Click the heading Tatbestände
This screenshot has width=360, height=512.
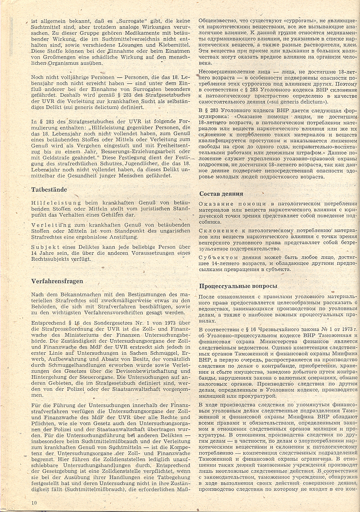tap(49, 190)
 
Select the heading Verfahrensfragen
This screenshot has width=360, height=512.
tap(57, 281)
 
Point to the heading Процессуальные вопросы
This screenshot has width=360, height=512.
tap(238, 286)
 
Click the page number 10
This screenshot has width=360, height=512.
tap(34, 502)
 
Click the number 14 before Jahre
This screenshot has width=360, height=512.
tap(35, 253)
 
